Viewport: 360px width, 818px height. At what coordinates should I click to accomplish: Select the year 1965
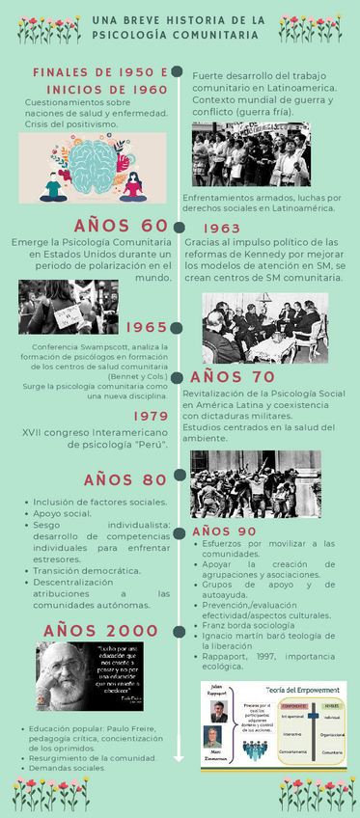[x=146, y=328]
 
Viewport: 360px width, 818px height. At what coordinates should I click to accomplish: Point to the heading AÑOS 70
[x=233, y=377]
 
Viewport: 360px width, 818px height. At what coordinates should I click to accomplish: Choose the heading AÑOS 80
[x=125, y=480]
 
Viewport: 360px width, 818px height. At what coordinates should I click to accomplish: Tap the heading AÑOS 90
[x=224, y=532]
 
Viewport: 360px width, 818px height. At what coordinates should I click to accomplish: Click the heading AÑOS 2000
[x=100, y=630]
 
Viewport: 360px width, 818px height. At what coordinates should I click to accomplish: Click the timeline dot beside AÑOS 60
[x=178, y=227]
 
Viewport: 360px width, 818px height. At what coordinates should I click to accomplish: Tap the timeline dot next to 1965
[x=178, y=329]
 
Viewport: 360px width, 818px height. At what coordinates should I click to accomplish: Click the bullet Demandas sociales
[x=68, y=769]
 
